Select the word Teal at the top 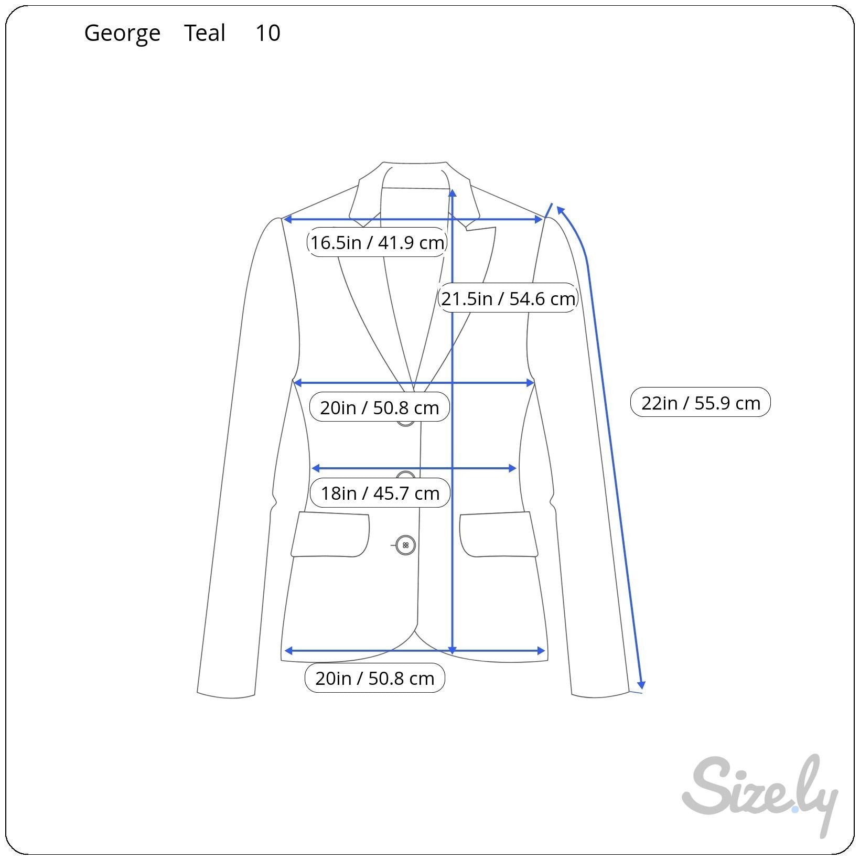(205, 33)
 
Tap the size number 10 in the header (268, 33)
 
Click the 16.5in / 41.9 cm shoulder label (377, 242)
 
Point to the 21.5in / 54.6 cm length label (508, 298)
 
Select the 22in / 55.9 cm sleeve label (701, 403)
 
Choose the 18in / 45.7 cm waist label (380, 493)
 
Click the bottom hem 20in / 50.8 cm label (375, 678)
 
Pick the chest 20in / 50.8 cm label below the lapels (380, 407)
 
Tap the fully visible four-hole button (405, 545)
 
